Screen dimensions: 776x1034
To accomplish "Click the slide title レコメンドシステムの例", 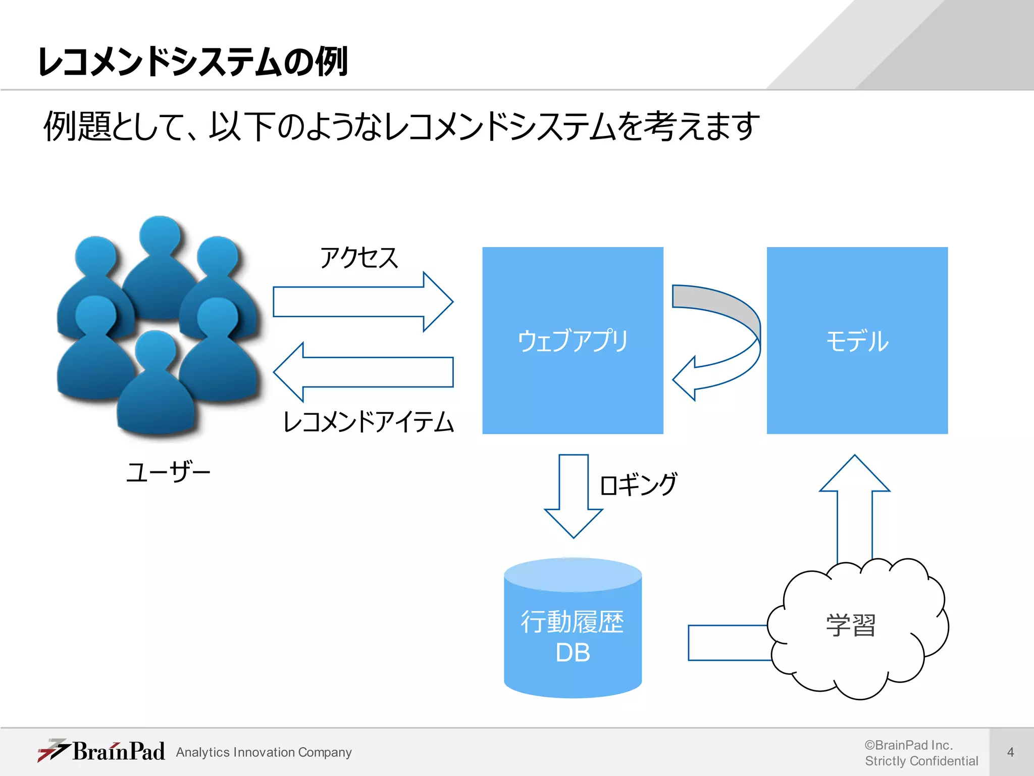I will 193,63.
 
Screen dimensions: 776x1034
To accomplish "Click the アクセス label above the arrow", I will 359,258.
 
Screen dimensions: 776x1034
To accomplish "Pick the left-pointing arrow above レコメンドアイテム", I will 364,372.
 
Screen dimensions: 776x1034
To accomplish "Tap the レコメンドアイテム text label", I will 369,422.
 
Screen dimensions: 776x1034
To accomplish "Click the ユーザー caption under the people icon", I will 168,472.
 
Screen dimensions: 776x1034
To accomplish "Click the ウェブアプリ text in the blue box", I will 573,341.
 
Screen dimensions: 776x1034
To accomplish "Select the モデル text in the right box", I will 857,341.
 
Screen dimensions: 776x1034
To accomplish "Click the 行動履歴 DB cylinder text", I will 573,637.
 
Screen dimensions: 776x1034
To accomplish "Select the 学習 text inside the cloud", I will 851,625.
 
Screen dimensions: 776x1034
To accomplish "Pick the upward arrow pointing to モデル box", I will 855,505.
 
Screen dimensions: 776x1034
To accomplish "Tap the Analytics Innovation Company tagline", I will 264,752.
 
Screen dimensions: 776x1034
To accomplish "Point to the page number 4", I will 1010,752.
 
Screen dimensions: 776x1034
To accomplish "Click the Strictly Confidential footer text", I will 921,761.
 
